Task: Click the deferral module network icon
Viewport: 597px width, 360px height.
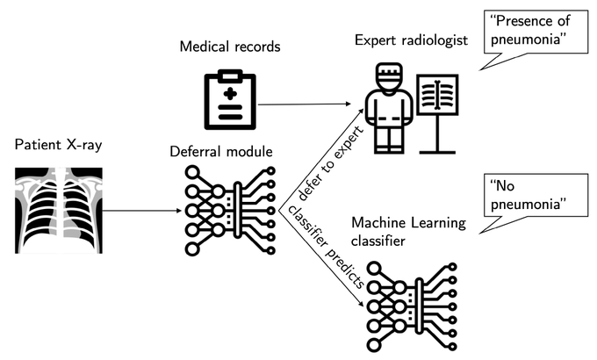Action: pos(228,210)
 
